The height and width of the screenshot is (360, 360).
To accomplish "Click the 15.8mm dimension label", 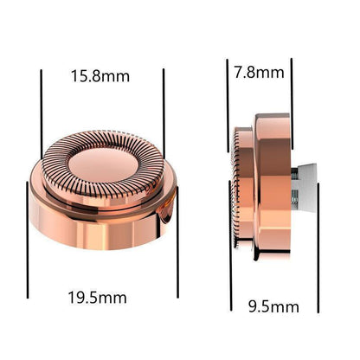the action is [x=100, y=76].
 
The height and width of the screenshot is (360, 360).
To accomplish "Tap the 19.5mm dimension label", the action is [x=97, y=298].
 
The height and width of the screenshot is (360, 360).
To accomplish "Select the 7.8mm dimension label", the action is [x=259, y=72].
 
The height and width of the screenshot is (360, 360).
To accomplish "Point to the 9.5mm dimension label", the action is [x=273, y=306].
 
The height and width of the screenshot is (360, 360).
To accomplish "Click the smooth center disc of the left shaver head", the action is [x=103, y=165].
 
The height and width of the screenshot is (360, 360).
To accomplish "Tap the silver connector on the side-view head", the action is [x=304, y=188].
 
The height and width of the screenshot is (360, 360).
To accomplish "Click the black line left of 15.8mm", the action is [x=42, y=114].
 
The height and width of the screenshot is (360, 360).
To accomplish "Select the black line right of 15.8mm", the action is [x=164, y=113].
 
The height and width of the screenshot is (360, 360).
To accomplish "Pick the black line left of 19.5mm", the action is [x=28, y=240].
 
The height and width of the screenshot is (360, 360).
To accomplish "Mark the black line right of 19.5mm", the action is [x=177, y=242].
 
